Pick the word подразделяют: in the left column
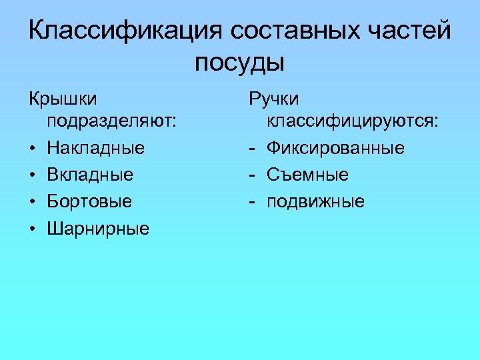pos(112,121)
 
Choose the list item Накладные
pos(95,147)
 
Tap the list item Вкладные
pos(90,175)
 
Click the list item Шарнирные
pos(98,229)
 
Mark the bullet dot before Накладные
pos(32,147)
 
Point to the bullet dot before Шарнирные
pos(32,229)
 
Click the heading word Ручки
pos(274,99)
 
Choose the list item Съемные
pos(307,175)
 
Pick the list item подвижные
pos(316,201)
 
